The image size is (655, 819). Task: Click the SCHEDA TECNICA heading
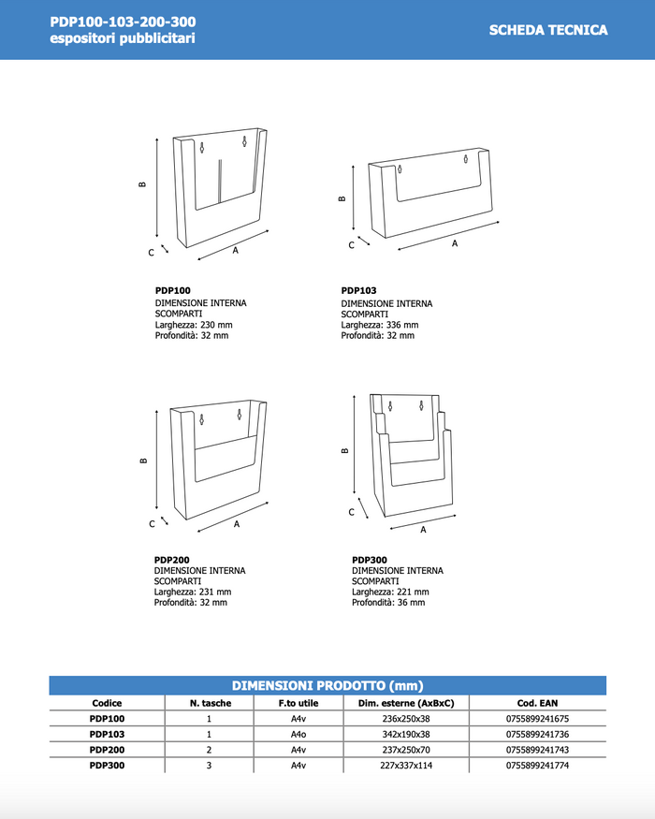[x=547, y=30]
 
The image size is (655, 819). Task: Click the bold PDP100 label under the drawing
[x=172, y=291]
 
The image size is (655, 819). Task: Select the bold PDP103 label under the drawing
[x=358, y=291]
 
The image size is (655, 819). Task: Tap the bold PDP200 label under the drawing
[x=172, y=560]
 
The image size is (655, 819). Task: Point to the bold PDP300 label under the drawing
[x=370, y=560]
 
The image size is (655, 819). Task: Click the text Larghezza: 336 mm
[x=379, y=325]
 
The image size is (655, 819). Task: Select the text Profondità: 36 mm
[x=388, y=603]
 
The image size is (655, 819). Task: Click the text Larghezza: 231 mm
[x=193, y=592]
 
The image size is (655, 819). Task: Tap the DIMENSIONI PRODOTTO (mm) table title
[x=327, y=685]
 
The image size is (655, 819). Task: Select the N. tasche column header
[x=209, y=703]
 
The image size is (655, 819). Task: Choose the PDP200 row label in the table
[x=107, y=750]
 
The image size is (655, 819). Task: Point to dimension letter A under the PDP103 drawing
[x=455, y=243]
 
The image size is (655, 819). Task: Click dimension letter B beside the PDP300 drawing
[x=345, y=450]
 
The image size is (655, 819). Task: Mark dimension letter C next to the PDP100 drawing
[x=151, y=253]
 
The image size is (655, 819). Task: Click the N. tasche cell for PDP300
[x=209, y=766]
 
